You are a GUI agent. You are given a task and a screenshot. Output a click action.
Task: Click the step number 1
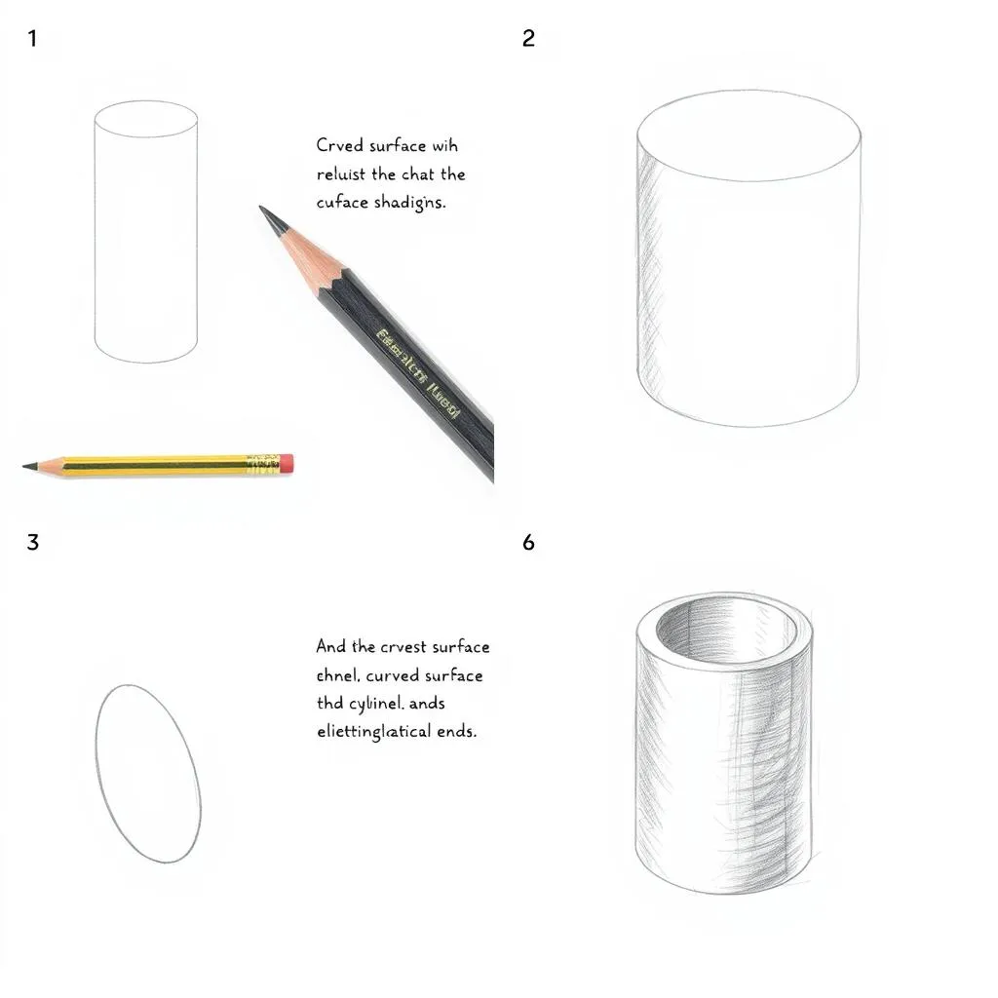(33, 40)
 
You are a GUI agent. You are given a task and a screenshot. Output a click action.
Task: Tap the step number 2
(528, 40)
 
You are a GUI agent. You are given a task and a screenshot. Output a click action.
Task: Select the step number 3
(33, 542)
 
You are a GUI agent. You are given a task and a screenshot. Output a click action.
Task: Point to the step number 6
(528, 542)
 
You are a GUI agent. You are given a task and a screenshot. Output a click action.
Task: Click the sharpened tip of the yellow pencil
(29, 467)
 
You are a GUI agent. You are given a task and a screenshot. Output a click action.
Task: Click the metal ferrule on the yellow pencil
(263, 464)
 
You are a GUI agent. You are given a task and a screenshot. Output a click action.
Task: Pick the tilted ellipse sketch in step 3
(148, 773)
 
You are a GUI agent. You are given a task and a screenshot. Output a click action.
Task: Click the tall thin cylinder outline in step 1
(146, 232)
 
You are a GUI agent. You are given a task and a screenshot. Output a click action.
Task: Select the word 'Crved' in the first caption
(339, 146)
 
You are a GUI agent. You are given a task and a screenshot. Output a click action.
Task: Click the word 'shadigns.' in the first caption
(409, 203)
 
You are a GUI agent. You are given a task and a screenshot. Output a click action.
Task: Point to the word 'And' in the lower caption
(331, 646)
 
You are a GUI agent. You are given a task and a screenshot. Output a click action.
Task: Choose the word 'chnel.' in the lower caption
(339, 674)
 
